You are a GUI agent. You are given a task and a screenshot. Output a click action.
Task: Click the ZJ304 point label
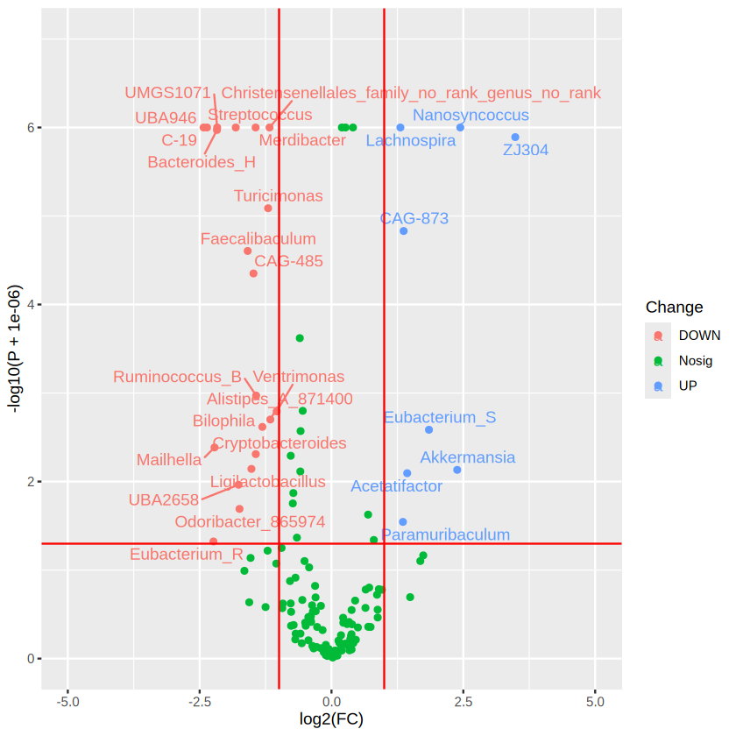point(526,150)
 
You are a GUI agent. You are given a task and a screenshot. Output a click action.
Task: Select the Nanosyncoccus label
point(471,115)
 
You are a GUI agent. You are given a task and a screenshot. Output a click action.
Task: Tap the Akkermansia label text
point(467,457)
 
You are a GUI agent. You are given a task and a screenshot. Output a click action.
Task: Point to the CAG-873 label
point(414,218)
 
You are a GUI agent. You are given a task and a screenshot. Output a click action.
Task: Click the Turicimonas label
point(278,196)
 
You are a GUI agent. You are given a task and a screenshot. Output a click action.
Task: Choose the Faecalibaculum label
point(258,238)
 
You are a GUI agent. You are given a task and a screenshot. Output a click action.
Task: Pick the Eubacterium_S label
point(439,417)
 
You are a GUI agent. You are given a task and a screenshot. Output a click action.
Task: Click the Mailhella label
point(168,460)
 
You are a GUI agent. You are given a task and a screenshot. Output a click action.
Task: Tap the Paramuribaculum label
point(445,534)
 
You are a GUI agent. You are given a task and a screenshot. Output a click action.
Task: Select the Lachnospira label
point(410,140)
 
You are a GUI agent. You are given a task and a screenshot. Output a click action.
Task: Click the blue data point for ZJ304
point(515,137)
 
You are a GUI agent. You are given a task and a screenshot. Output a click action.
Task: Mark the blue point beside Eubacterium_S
point(428,429)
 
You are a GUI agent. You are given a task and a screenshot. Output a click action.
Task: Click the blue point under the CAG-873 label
point(403,230)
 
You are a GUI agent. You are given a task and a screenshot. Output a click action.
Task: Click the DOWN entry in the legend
point(698,335)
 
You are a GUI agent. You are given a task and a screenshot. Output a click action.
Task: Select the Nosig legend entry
point(695,360)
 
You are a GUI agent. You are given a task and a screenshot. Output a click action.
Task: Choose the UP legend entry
point(688,386)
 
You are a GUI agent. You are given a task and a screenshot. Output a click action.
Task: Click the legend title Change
point(674,308)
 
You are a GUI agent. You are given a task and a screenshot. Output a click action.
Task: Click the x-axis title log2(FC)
point(331,720)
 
